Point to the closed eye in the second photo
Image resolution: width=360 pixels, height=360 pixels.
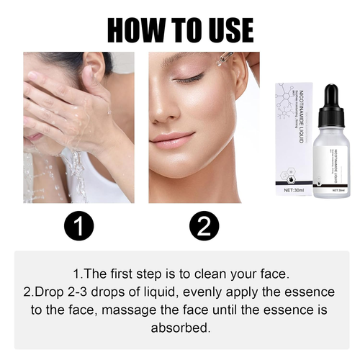pyautogui.click(x=189, y=78)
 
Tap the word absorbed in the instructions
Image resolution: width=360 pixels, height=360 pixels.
pyautogui.click(x=180, y=327)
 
